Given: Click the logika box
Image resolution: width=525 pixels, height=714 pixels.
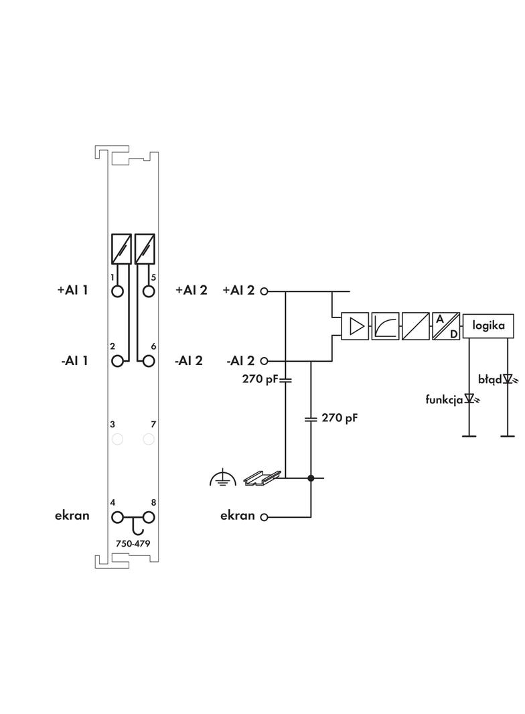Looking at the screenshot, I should (489, 326).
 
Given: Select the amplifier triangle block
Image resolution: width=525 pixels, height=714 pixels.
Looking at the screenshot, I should (355, 326).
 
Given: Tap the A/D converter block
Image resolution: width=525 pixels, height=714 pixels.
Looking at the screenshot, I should (445, 326).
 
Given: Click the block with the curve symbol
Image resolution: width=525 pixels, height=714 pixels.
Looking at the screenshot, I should (385, 326).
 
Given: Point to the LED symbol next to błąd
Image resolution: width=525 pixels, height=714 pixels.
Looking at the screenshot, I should (507, 380).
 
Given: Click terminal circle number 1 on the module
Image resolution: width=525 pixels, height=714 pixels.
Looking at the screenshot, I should (119, 291).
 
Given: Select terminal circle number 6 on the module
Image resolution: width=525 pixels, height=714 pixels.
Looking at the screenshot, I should (149, 361).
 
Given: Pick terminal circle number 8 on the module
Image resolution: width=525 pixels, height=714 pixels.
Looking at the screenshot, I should (149, 517).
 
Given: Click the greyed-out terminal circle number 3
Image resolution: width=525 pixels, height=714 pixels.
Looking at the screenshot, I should (119, 439).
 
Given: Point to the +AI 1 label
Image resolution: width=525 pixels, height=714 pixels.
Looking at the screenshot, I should (72, 291).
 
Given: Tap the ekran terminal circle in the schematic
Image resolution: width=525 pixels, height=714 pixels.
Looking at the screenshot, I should (264, 517).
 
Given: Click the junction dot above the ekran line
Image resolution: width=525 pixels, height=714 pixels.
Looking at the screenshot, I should (311, 478).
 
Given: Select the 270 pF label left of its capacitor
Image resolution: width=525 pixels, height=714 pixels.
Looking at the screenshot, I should (259, 378).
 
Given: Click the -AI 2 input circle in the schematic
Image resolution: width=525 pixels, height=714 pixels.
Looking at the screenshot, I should (264, 361).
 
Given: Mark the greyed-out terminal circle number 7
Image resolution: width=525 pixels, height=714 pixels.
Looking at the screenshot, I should (149, 439).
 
